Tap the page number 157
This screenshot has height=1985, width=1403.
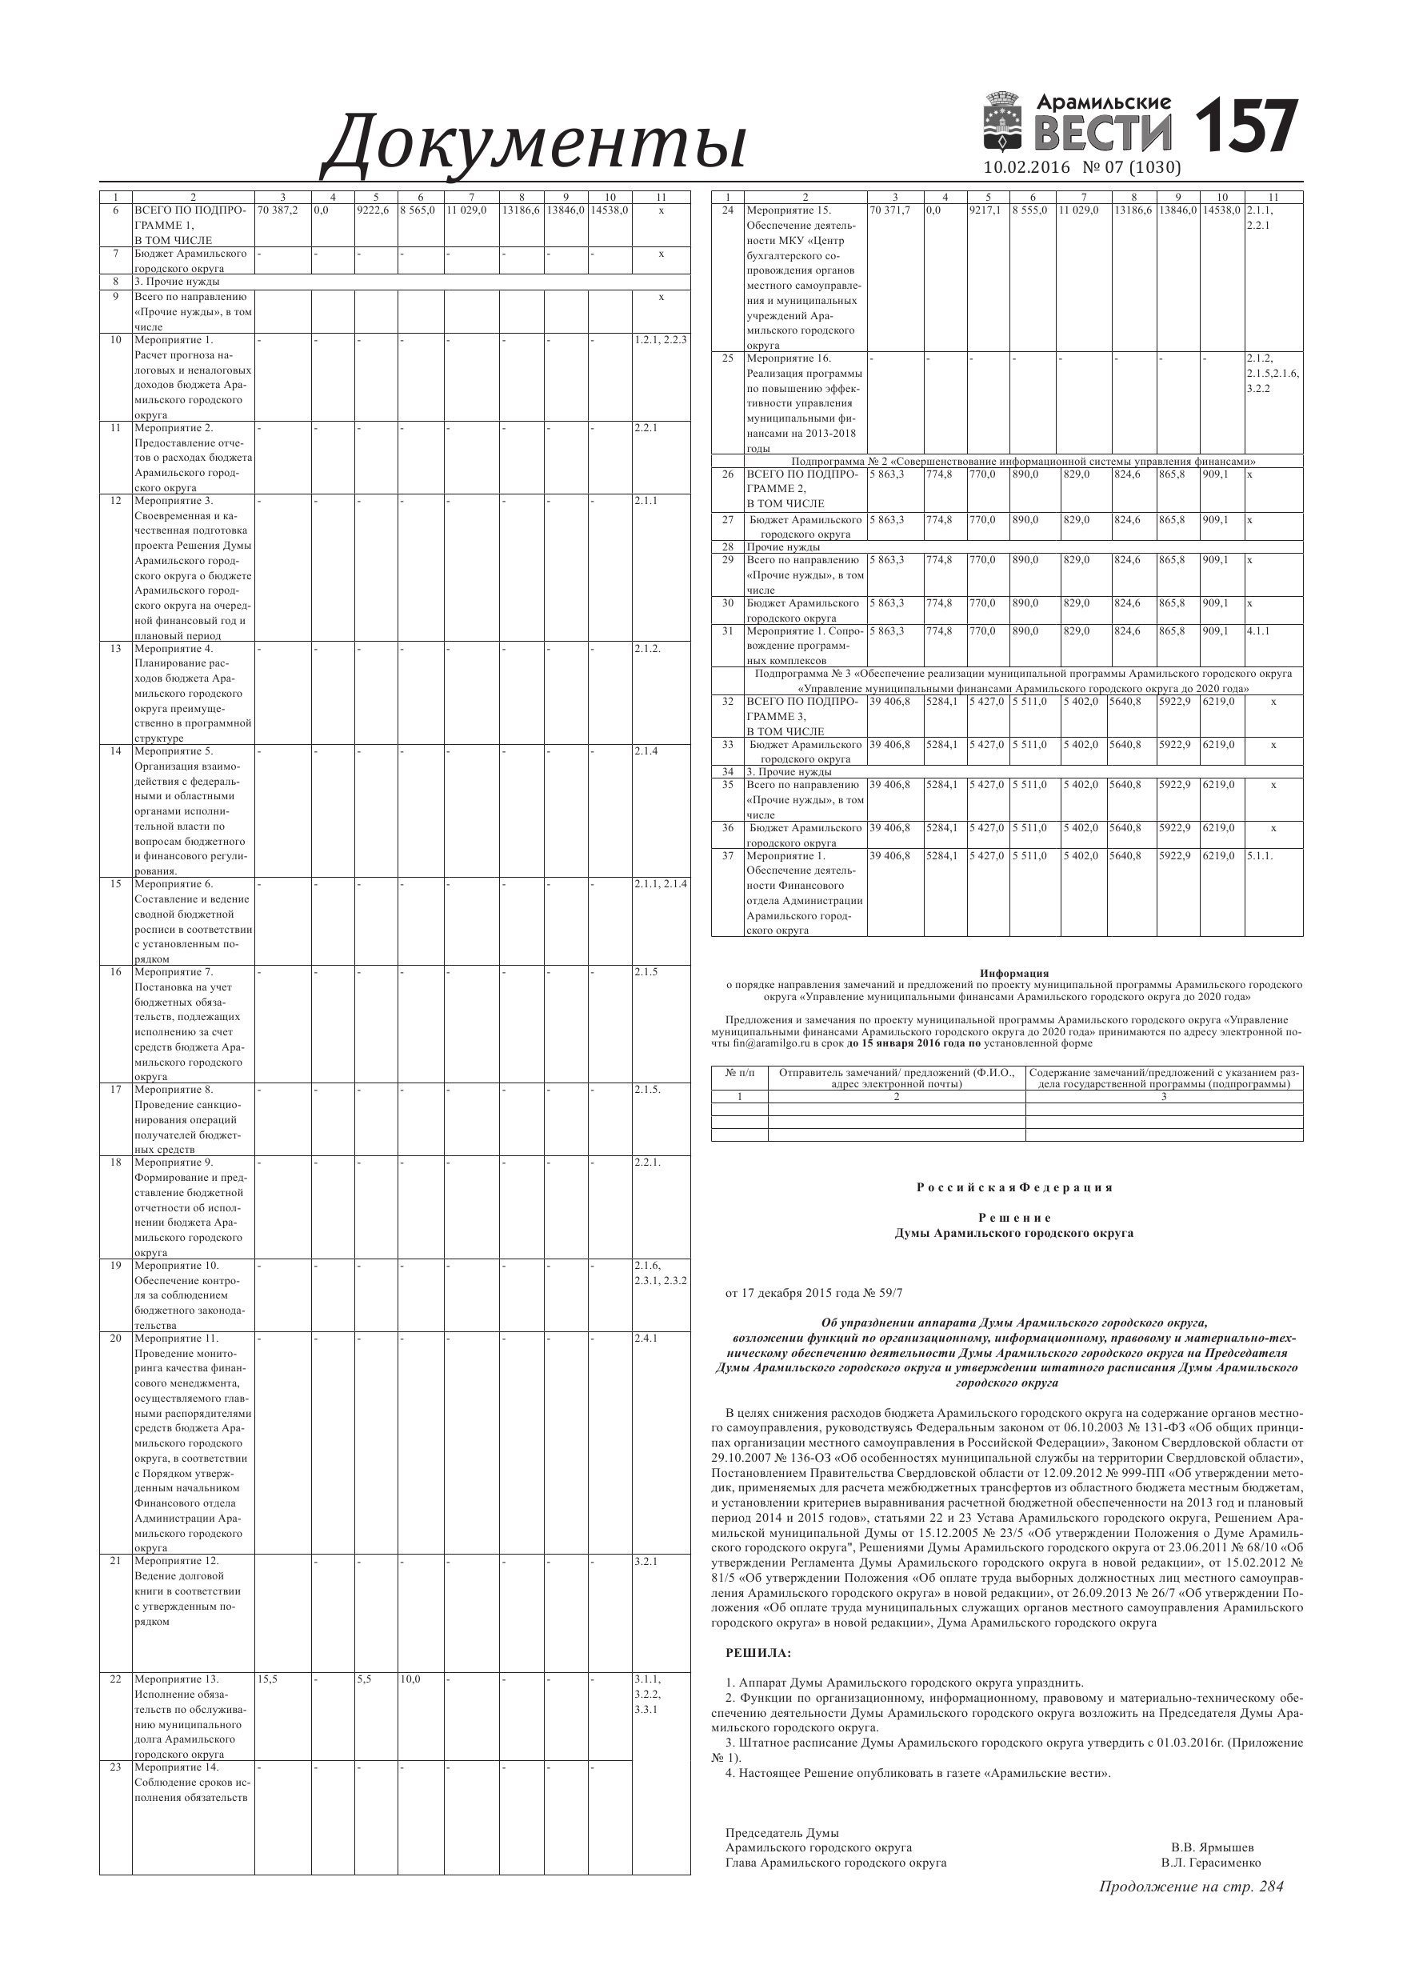click(x=1245, y=127)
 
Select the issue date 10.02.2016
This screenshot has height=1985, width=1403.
click(x=1027, y=168)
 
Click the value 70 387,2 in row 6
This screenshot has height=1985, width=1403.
click(x=277, y=210)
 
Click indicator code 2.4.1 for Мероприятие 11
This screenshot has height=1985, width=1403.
click(x=646, y=1339)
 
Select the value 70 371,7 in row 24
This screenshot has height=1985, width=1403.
click(x=889, y=210)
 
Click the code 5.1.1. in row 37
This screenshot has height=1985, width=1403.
click(x=1260, y=856)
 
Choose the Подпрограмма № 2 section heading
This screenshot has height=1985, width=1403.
click(x=1024, y=462)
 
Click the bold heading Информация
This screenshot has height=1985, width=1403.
click(x=1014, y=974)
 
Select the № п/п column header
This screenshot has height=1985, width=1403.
click(x=739, y=1073)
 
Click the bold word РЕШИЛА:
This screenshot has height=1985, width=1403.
click(x=758, y=1653)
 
